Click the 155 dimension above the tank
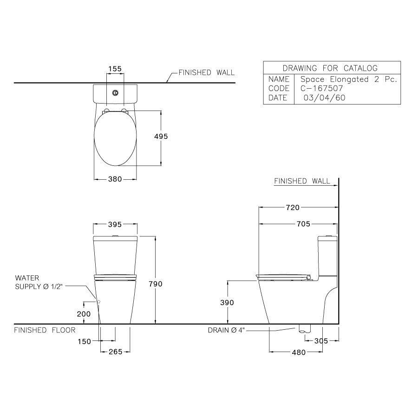click(x=115, y=69)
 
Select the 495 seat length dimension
click(x=161, y=137)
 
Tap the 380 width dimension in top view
click(x=115, y=179)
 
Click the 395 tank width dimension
click(x=115, y=224)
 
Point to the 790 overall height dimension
click(x=155, y=284)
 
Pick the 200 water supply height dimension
click(x=83, y=314)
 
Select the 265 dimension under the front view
click(x=115, y=352)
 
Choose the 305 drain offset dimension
click(x=320, y=341)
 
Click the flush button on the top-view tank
click(x=115, y=92)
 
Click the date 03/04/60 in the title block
click(x=324, y=98)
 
